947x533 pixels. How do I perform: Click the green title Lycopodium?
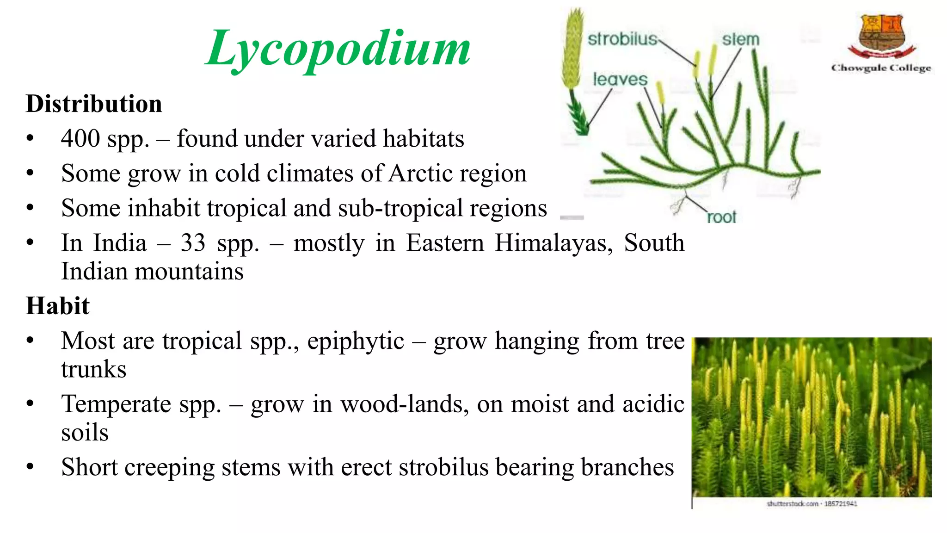point(338,49)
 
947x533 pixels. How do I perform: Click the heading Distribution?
point(94,104)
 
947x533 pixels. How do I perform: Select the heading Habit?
point(58,306)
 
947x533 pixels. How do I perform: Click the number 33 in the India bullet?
point(193,243)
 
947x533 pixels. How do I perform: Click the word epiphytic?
point(356,341)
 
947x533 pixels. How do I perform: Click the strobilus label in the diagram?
point(622,39)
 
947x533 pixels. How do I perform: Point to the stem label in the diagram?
point(740,39)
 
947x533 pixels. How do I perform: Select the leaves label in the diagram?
point(620,80)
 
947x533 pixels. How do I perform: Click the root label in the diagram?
point(721,217)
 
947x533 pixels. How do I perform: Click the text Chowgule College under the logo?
point(881,68)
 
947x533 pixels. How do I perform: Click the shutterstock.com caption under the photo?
point(812,503)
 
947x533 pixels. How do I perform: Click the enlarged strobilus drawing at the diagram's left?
point(572,51)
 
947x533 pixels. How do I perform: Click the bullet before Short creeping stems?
point(30,467)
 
